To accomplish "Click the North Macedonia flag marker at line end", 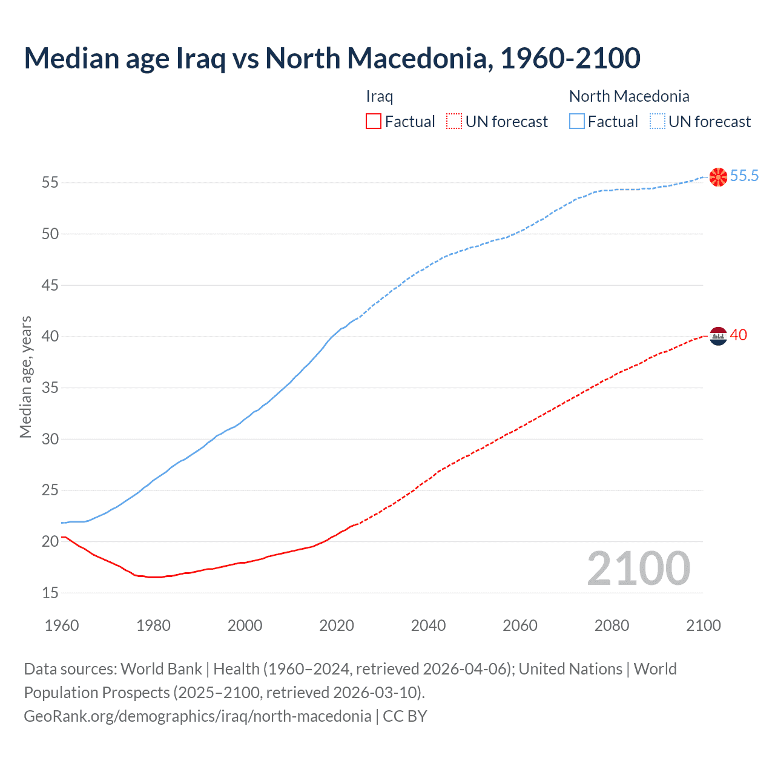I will pyautogui.click(x=717, y=177).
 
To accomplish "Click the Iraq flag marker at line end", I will pyautogui.click(x=717, y=335).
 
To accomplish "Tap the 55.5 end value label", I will pyautogui.click(x=744, y=176).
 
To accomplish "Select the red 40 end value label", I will pyautogui.click(x=738, y=335).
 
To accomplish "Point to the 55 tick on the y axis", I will pyautogui.click(x=50, y=182).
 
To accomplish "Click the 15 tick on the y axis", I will pyautogui.click(x=50, y=593).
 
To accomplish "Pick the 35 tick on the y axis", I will pyautogui.click(x=50, y=387).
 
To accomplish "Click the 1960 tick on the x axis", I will pyautogui.click(x=62, y=625).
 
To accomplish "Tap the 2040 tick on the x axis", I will pyautogui.click(x=428, y=625).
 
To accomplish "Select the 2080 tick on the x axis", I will pyautogui.click(x=612, y=625).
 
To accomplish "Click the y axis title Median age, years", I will pyautogui.click(x=25, y=377).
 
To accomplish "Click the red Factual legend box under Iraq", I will pyautogui.click(x=374, y=122).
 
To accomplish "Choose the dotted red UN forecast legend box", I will pyautogui.click(x=454, y=122).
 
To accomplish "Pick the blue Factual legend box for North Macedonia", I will pyautogui.click(x=577, y=122).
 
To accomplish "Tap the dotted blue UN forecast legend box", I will pyautogui.click(x=658, y=122).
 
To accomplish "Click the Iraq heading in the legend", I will pyautogui.click(x=380, y=96).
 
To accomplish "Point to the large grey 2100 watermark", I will pyautogui.click(x=638, y=569).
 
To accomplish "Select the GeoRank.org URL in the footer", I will pyautogui.click(x=197, y=716).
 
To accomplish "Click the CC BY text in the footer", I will pyautogui.click(x=405, y=716).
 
